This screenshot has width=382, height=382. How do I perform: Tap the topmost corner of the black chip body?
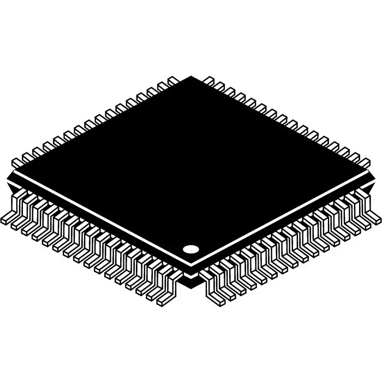pyautogui.click(x=192, y=77)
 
